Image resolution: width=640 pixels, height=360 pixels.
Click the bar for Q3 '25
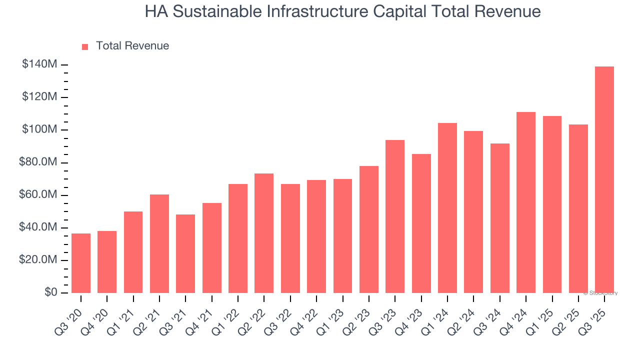click(604, 179)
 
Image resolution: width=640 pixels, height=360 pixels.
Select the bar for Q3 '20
click(81, 263)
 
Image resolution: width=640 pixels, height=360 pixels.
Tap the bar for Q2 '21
click(159, 243)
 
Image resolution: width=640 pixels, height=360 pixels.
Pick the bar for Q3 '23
click(395, 216)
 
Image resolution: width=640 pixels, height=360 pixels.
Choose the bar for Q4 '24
click(526, 202)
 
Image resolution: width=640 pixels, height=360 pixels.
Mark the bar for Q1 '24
click(447, 208)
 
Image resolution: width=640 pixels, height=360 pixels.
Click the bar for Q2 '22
click(264, 233)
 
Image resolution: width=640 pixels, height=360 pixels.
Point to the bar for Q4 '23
click(421, 223)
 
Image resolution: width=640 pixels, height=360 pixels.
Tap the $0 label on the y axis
click(50, 292)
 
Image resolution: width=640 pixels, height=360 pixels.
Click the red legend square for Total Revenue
click(85, 46)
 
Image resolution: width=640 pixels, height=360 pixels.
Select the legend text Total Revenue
click(132, 46)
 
